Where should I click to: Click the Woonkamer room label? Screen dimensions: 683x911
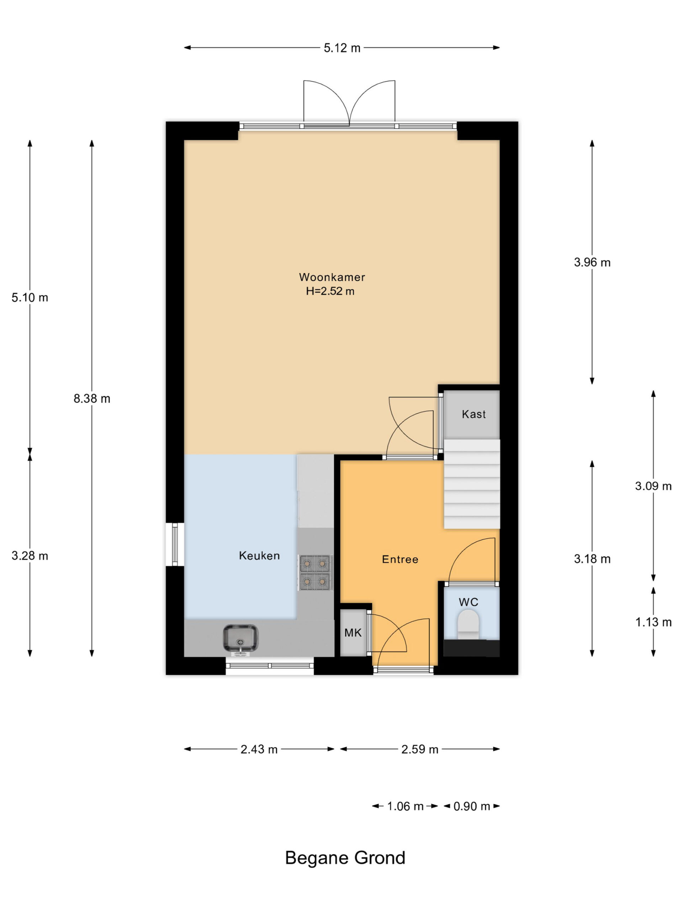click(x=332, y=277)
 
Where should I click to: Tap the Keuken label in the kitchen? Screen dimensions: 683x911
click(x=259, y=555)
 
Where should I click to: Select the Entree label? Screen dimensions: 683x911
click(x=400, y=559)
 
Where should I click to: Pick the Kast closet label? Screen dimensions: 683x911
click(x=474, y=414)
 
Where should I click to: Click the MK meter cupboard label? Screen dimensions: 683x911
click(x=353, y=633)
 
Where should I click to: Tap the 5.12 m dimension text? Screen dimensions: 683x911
click(x=342, y=48)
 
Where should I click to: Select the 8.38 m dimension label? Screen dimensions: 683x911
click(x=92, y=399)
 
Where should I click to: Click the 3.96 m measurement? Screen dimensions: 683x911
click(x=592, y=262)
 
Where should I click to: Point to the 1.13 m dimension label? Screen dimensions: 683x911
click(x=653, y=622)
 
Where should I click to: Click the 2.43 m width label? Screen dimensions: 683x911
click(x=259, y=749)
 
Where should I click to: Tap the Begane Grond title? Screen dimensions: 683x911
click(x=345, y=858)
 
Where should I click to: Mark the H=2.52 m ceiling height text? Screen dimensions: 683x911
click(x=330, y=291)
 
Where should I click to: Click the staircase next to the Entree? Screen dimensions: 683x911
click(x=472, y=484)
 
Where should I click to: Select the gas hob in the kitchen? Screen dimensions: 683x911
click(x=316, y=573)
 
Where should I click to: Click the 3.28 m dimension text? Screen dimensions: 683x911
click(x=30, y=556)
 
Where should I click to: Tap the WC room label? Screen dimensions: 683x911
click(x=468, y=602)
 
